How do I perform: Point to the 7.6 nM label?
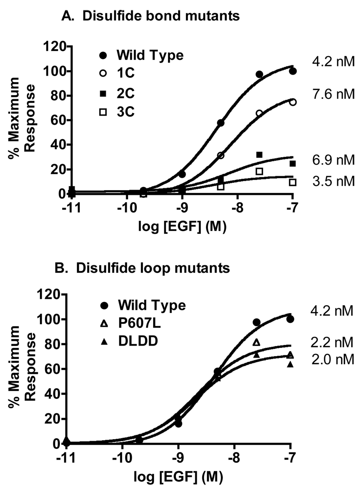[333, 94]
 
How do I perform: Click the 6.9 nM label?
[333, 160]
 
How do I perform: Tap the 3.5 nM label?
[333, 181]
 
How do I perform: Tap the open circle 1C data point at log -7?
[293, 102]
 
